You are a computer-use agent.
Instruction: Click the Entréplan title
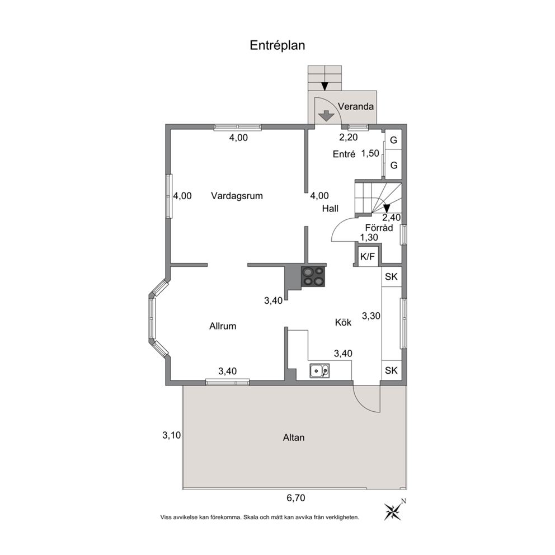click(x=277, y=46)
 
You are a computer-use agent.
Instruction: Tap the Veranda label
click(x=356, y=106)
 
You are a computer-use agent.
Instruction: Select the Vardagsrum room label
click(x=237, y=196)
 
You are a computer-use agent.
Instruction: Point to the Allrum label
click(x=223, y=326)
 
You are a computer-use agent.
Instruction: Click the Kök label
click(x=344, y=322)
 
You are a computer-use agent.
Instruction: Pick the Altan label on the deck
click(x=294, y=438)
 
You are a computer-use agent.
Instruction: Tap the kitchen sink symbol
click(x=319, y=370)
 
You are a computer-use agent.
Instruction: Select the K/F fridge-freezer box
click(x=368, y=257)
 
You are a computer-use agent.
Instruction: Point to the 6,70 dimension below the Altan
click(x=296, y=498)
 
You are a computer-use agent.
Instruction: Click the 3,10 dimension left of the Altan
click(x=172, y=435)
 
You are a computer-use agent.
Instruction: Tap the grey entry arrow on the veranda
click(x=326, y=116)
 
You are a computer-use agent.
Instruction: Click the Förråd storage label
click(x=379, y=228)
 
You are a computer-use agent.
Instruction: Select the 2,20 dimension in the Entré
click(x=349, y=137)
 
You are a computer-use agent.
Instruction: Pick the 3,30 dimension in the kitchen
click(x=371, y=316)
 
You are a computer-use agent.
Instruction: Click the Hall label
click(x=330, y=209)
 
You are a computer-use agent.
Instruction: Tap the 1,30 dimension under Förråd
click(x=369, y=238)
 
